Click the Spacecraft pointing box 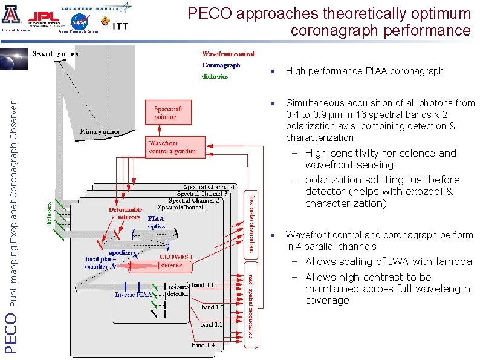click(x=164, y=113)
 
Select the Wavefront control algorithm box click(x=172, y=148)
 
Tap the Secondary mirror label click(x=55, y=53)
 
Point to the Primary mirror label click(x=100, y=131)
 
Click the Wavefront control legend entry click(x=228, y=54)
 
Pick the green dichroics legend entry click(x=215, y=76)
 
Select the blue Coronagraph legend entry click(x=221, y=65)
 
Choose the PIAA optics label click(x=156, y=222)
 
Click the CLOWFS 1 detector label click(x=176, y=261)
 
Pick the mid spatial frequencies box click(x=251, y=306)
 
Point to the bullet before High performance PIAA click(x=273, y=71)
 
